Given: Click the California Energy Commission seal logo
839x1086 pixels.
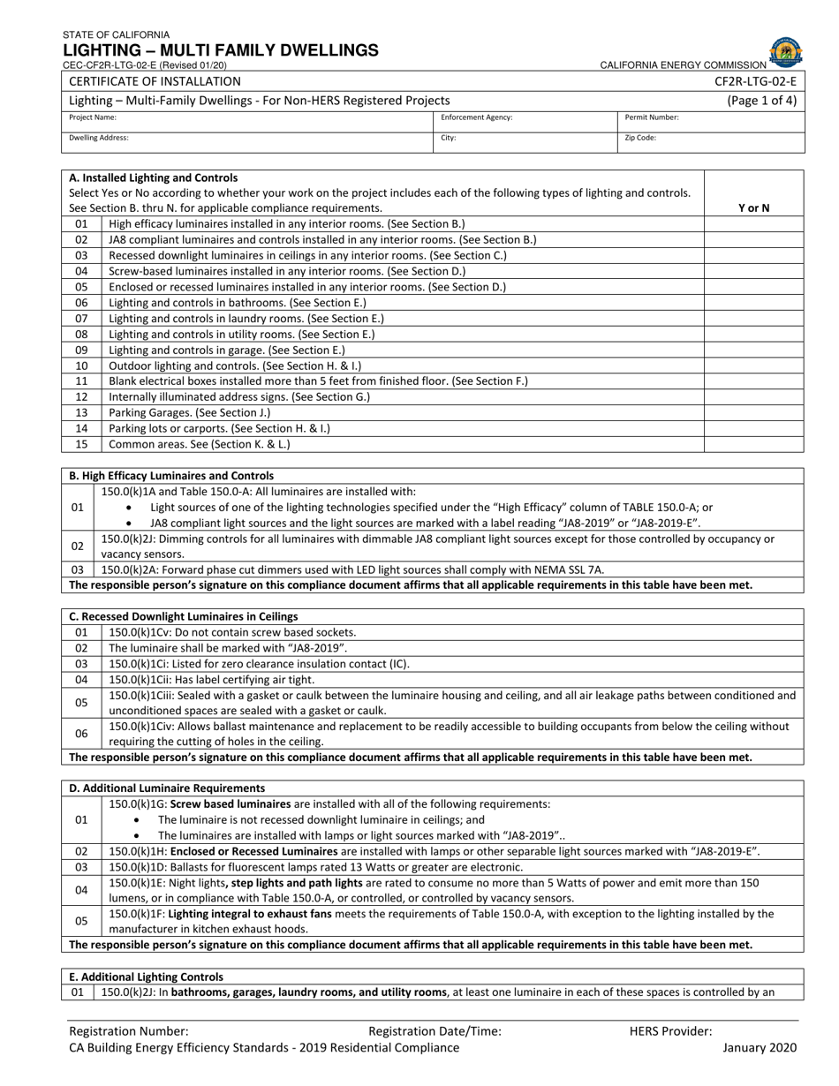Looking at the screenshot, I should click(x=785, y=52).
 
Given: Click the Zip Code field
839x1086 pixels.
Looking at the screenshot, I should click(x=711, y=142).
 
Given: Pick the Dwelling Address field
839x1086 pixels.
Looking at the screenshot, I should click(x=247, y=142).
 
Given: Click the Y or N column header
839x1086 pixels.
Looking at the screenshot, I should click(x=753, y=208).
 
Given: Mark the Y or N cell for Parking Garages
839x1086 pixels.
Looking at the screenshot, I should click(x=753, y=412).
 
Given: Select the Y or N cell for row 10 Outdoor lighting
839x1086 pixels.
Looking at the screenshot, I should click(x=753, y=366).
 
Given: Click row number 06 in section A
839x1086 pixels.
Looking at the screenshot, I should click(x=81, y=303).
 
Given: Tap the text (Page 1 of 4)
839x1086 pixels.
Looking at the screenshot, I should click(x=761, y=101).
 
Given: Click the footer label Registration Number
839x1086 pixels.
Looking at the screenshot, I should click(x=129, y=1030).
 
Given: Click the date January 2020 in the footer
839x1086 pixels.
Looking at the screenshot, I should click(x=760, y=1048).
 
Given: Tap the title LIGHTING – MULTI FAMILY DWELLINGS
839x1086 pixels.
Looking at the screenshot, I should click(x=220, y=50).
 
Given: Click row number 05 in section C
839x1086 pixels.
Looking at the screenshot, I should click(x=81, y=703).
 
